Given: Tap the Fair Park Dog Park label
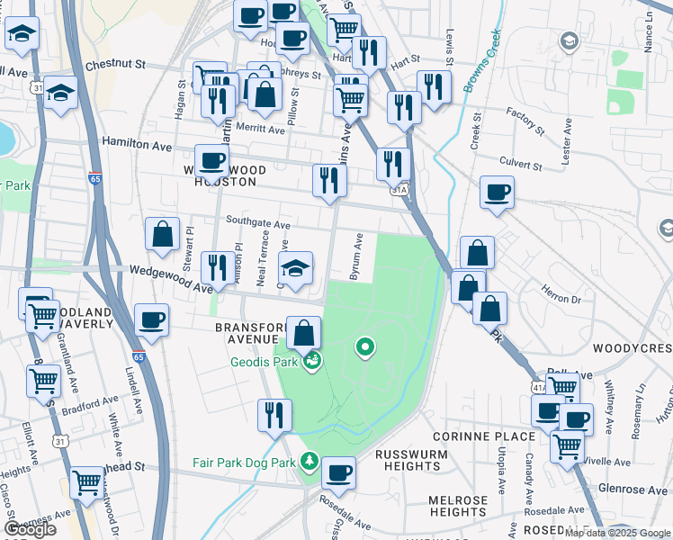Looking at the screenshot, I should (244, 463).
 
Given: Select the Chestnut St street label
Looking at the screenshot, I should (115, 65).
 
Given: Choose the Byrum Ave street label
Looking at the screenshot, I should (357, 256).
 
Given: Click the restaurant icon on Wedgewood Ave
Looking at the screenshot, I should (216, 266).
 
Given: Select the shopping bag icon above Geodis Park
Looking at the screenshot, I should (305, 333).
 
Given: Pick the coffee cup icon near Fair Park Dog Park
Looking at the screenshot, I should (338, 471).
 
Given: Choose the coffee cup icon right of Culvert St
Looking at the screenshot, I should (497, 192).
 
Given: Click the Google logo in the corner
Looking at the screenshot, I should (30, 528).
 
